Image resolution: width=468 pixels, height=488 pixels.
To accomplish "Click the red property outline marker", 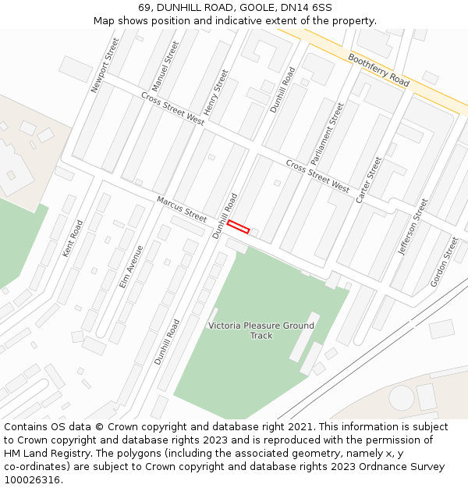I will coord(238,227).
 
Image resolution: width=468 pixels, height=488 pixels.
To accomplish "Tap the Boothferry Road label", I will coord(378,70).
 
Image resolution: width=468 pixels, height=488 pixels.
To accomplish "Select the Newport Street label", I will coord(105,66).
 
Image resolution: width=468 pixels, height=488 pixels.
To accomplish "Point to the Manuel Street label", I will coord(165,66).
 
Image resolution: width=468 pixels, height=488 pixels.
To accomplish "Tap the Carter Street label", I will coord(369,180).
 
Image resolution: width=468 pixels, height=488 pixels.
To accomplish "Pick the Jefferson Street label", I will coord(413,226).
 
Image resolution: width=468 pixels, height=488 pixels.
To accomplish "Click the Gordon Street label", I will coord(445,262).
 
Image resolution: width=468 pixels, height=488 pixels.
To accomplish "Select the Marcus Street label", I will coord(182,208).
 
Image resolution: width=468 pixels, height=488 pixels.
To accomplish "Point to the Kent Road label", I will coord(73,239).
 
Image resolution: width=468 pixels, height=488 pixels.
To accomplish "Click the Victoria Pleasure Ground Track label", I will coord(261,330).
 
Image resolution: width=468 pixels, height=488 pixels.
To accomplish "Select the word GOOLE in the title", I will coord(239,7).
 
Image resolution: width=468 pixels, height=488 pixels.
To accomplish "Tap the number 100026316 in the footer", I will coord(30,480).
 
